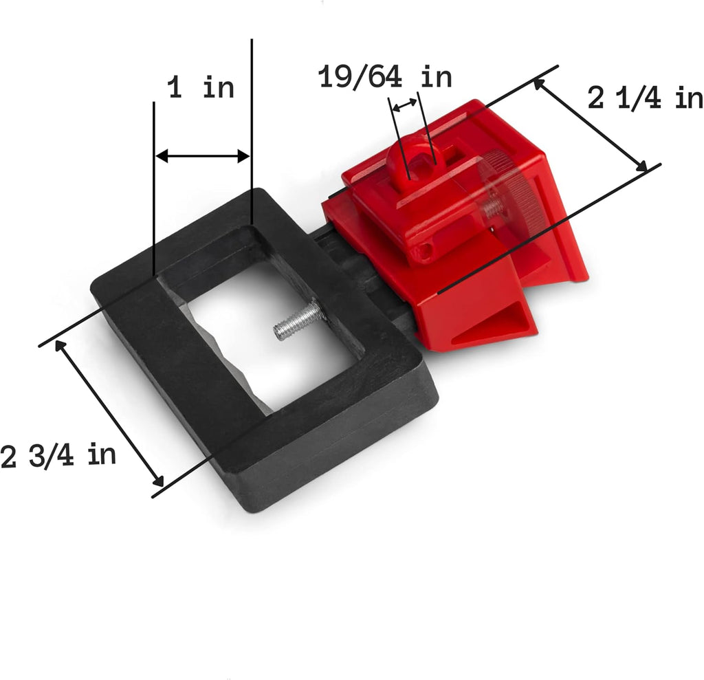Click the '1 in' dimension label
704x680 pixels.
[x=201, y=87]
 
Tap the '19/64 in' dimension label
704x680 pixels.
[x=385, y=76]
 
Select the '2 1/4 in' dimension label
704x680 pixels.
[x=645, y=98]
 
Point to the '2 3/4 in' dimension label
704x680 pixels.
[x=58, y=455]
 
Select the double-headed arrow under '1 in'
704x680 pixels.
[x=203, y=156]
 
